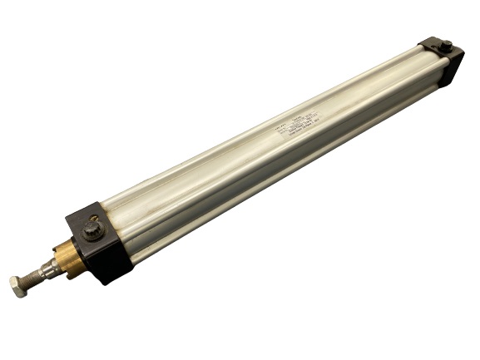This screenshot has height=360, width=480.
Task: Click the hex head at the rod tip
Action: pyautogui.click(x=20, y=285)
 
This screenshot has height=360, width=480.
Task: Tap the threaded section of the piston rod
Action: pyautogui.click(x=38, y=274)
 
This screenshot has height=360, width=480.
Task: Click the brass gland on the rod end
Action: pyautogui.click(x=71, y=257)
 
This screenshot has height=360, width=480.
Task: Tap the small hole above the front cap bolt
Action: pyautogui.click(x=93, y=217)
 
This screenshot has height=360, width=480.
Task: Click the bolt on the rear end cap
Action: pyautogui.click(x=447, y=46)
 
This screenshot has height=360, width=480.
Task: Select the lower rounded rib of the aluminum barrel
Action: pyautogui.click(x=291, y=179)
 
